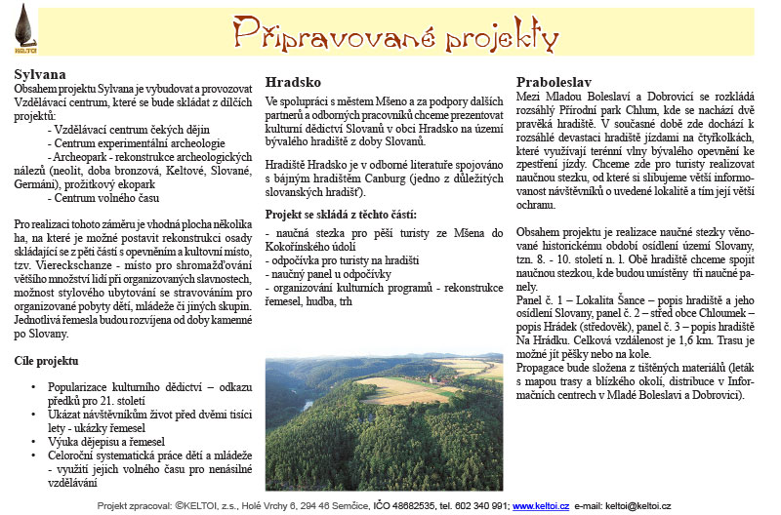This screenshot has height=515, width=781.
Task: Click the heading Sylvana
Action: tap(40, 73)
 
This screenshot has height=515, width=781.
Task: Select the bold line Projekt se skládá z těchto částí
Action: tap(341, 214)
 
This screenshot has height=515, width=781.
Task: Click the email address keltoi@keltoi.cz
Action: tap(637, 506)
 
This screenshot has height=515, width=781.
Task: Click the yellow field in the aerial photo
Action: tap(390, 390)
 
